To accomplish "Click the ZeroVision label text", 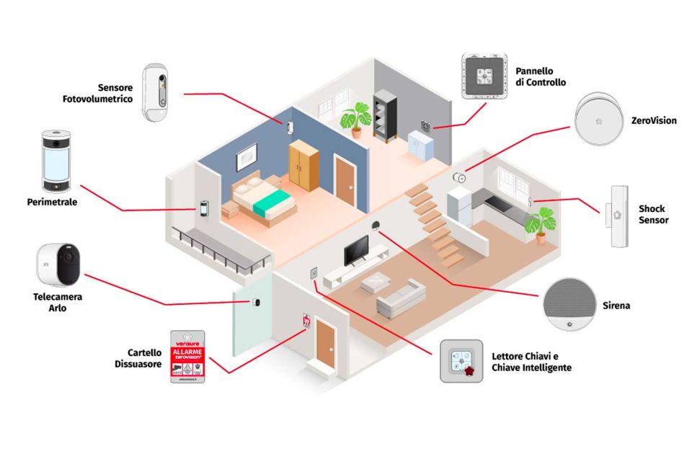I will [653, 120].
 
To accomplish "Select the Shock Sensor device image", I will [616, 215].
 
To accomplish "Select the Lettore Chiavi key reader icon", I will [461, 361].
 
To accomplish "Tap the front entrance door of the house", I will [326, 344].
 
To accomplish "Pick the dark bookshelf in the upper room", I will [384, 115].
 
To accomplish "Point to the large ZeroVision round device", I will [598, 120].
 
